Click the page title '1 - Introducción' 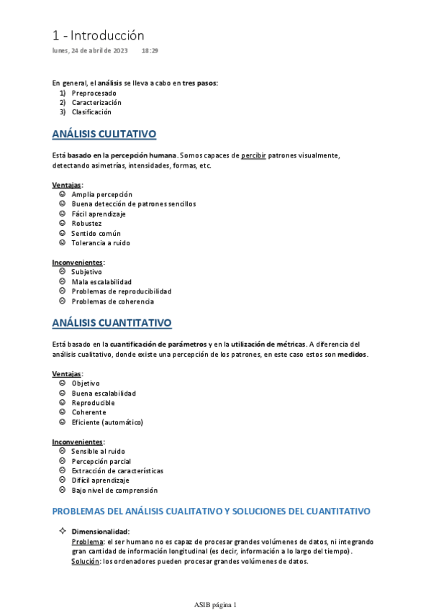tap(99, 35)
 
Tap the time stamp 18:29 tap(150, 51)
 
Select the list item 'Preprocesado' tap(94, 93)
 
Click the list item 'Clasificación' tap(91, 111)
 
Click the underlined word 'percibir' tap(253, 155)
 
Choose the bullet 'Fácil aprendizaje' tap(99, 214)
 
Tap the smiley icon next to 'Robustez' tap(62, 223)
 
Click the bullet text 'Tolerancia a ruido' tap(101, 242)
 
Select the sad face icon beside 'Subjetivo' tap(62, 272)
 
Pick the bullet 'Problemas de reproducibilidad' tap(122, 291)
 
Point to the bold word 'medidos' tap(352, 354)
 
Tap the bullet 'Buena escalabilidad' tap(104, 393)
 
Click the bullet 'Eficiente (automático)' tap(107, 422)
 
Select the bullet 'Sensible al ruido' tap(99, 451)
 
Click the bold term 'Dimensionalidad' tap(100, 532)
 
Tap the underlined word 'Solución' tap(85, 561)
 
